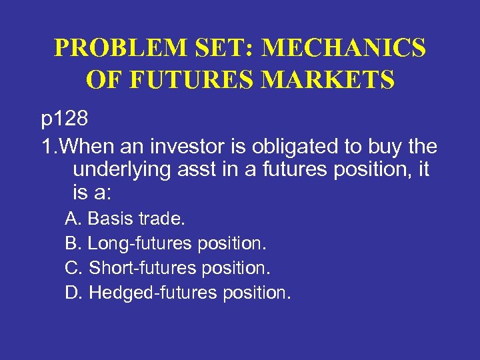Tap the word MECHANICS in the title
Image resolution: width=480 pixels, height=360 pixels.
tap(343, 49)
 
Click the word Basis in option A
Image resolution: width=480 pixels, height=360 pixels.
tap(107, 218)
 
